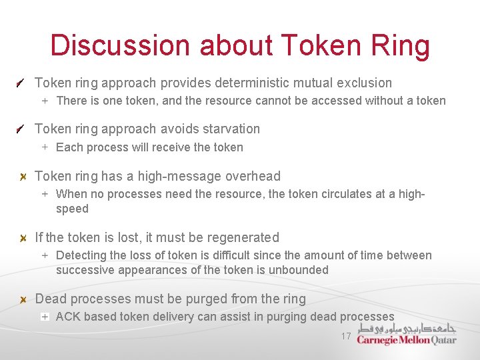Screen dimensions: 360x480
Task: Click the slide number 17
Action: click(345, 336)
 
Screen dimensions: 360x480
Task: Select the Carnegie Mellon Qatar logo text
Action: click(406, 340)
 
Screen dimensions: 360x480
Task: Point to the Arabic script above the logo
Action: click(406, 328)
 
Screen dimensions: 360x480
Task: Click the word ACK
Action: click(68, 317)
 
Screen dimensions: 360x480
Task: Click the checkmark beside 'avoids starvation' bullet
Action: click(22, 129)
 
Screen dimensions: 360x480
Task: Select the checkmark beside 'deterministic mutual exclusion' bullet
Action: click(22, 83)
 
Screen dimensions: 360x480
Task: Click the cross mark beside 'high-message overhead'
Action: click(22, 177)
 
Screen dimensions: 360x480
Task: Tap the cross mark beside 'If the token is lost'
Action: click(22, 238)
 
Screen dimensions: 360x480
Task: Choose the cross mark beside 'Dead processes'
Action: click(22, 299)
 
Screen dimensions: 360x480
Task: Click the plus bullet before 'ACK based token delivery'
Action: click(45, 317)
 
